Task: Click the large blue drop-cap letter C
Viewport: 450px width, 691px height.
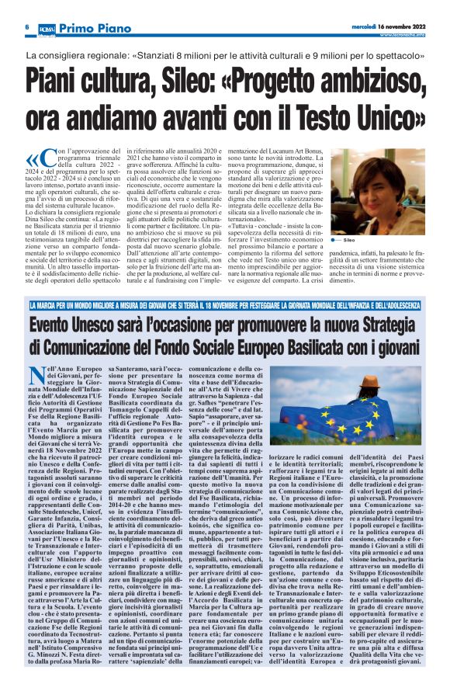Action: pos(52,161)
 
